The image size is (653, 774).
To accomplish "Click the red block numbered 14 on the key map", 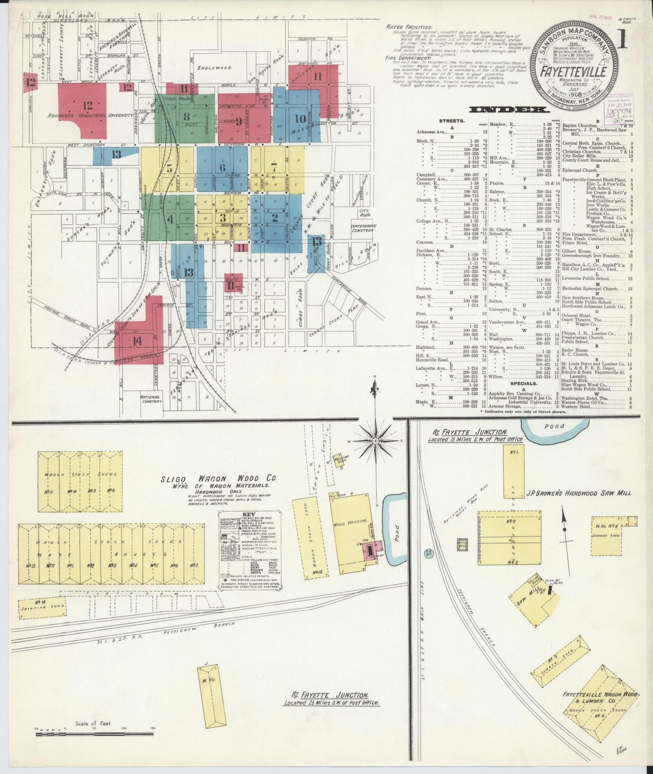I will pos(137,341).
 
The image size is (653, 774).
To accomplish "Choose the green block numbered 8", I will pos(186,117).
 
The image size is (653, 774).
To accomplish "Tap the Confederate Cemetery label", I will pos(363,228).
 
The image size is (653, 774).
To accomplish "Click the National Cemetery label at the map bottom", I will pos(151,398).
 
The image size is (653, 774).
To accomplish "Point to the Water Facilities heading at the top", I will pos(409,27).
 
